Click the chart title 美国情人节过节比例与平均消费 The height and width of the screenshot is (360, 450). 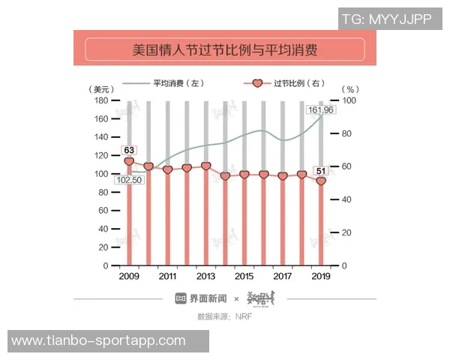[x=224, y=50]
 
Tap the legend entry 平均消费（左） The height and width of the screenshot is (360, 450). [x=178, y=83]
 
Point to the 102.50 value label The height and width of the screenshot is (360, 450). [x=129, y=180]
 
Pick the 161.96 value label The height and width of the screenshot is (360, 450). [x=321, y=110]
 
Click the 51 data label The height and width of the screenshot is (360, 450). [x=321, y=172]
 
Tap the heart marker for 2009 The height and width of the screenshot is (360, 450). [x=129, y=161]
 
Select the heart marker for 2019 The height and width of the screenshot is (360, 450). [x=321, y=181]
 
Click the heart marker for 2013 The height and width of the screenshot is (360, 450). [x=205, y=166]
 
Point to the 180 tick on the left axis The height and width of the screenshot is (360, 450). [x=101, y=100]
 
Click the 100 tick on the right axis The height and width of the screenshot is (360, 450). [x=349, y=100]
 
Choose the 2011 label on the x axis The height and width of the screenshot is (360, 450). [x=167, y=277]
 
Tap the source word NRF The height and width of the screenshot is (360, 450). [x=243, y=316]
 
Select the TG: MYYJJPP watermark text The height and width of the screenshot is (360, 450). [x=386, y=19]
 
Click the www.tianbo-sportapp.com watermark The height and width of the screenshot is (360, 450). [x=98, y=340]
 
